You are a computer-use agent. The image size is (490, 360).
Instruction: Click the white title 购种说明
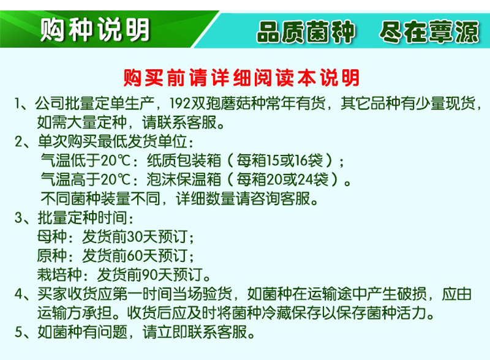(x=95, y=29)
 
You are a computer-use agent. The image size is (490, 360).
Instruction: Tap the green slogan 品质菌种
(x=306, y=32)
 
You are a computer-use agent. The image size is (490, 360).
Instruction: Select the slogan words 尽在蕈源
(x=429, y=32)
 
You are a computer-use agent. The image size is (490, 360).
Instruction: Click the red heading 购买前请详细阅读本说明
(x=241, y=78)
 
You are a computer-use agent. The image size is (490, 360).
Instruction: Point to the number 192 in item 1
(x=179, y=103)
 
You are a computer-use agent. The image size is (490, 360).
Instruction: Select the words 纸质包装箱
(x=184, y=160)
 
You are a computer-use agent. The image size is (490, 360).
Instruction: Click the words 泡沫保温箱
(x=184, y=179)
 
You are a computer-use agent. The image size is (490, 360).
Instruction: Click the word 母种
(x=51, y=236)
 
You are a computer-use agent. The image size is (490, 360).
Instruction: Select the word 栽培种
(x=59, y=275)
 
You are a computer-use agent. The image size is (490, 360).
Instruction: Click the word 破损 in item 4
(x=412, y=294)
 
